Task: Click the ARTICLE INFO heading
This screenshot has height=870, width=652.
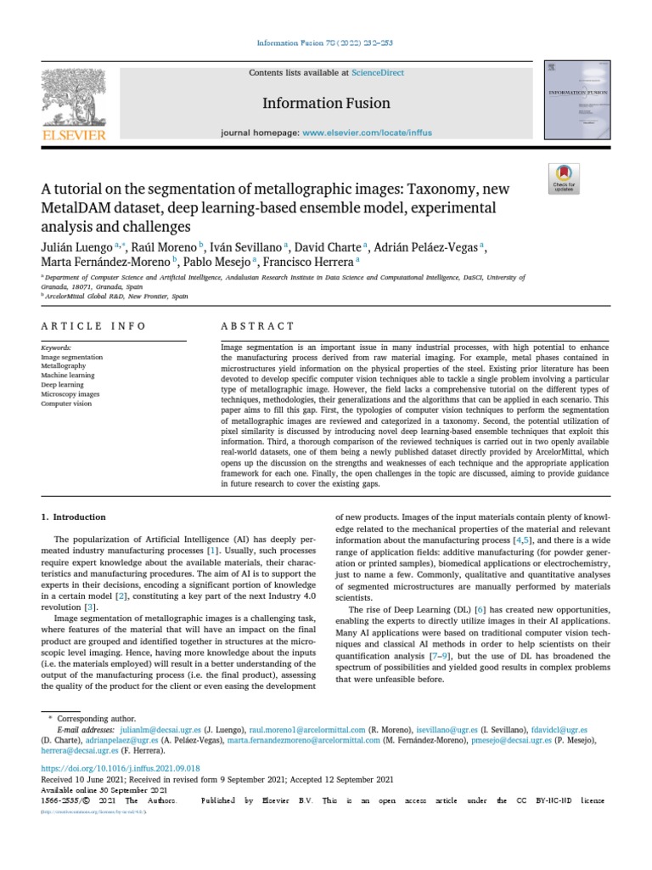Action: pyautogui.click(x=93, y=326)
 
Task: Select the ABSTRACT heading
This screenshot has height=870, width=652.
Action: pyautogui.click(x=257, y=326)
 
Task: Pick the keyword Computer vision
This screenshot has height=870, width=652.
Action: pyautogui.click(x=65, y=404)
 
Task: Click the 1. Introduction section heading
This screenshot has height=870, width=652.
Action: pyautogui.click(x=74, y=517)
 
